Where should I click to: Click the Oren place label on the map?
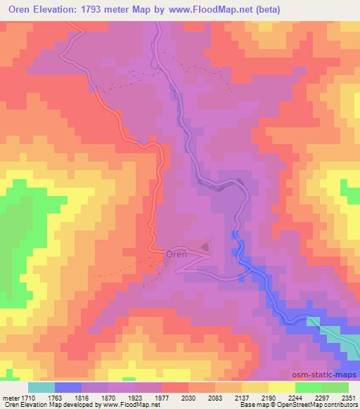point(176,254)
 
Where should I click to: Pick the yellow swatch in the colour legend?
point(281,387)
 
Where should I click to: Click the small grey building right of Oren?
point(205,247)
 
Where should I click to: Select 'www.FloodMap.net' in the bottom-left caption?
point(130,405)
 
